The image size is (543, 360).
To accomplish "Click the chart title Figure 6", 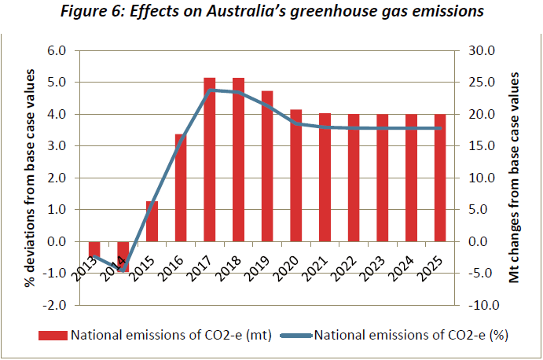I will coord(270,13).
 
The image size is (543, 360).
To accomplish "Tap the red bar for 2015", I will coord(152,221).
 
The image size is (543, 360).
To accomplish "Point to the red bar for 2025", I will coord(440,178).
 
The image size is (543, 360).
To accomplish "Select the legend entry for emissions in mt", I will coord(158,336).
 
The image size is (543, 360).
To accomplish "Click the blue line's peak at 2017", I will coord(210,90).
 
